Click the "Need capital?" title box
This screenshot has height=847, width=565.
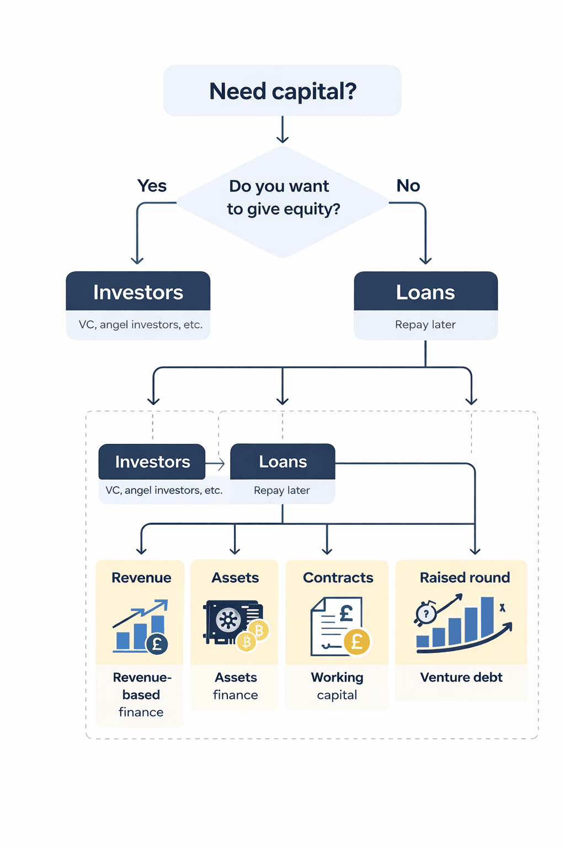(x=282, y=91)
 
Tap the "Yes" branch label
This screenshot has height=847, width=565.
(x=152, y=186)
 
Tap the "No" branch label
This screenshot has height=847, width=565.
(x=408, y=186)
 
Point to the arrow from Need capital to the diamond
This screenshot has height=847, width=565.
(x=282, y=130)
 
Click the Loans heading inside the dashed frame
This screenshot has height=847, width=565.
(x=282, y=462)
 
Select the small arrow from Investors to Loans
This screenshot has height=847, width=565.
(x=216, y=464)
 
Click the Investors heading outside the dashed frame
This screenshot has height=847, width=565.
(x=138, y=292)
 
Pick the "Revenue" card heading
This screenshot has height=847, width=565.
(x=141, y=577)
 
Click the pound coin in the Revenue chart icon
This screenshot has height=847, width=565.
(x=157, y=644)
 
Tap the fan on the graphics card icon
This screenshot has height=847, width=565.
(x=228, y=620)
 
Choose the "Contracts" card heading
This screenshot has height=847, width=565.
(x=338, y=577)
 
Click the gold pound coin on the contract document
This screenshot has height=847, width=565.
(x=357, y=642)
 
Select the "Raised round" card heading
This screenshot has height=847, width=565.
(x=465, y=577)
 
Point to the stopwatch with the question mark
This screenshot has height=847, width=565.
(x=425, y=613)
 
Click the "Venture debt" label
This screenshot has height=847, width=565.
(x=461, y=677)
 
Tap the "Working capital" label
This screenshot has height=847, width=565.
(x=337, y=685)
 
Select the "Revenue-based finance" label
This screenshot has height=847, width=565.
(x=141, y=694)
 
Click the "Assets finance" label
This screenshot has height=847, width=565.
(x=236, y=685)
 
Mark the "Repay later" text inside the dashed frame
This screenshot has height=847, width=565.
(x=282, y=490)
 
